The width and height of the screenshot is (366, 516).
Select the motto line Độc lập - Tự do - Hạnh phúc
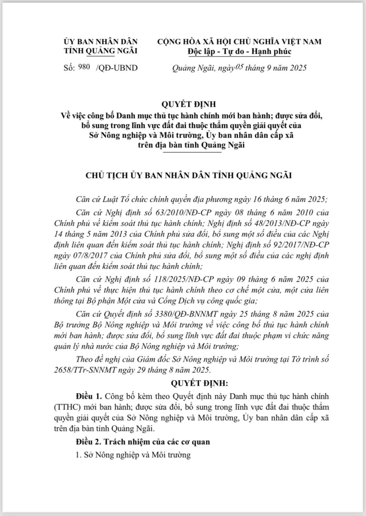[x=240, y=52]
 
